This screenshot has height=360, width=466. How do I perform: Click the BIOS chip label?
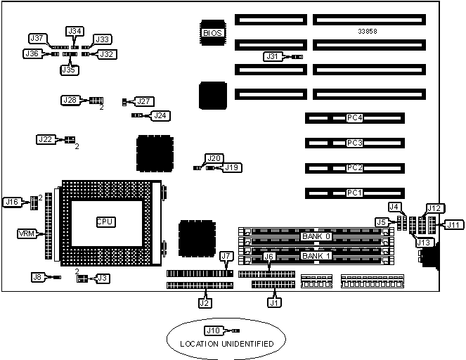(212, 32)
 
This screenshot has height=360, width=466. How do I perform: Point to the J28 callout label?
(70, 101)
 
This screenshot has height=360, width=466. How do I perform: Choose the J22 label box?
(45, 140)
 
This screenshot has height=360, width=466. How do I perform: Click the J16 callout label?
(13, 202)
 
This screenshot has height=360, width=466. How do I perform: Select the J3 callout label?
(103, 278)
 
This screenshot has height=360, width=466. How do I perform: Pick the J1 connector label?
(274, 304)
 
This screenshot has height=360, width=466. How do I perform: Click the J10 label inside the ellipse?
(212, 330)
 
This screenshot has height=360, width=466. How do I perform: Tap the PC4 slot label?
(355, 118)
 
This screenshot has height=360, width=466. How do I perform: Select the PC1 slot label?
(355, 192)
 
